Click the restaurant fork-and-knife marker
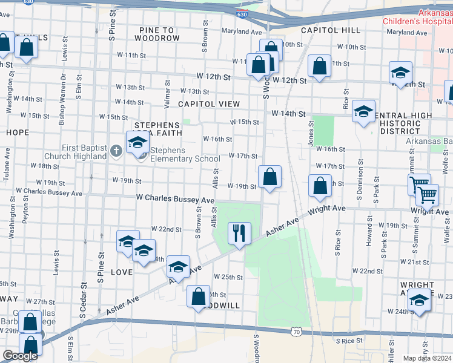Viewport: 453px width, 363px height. (x=239, y=232)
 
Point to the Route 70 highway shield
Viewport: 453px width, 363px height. (x=296, y=332)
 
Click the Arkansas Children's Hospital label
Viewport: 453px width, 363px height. (x=417, y=17)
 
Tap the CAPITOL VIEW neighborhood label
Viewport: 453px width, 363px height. (x=209, y=104)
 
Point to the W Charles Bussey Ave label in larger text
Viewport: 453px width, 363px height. (x=175, y=198)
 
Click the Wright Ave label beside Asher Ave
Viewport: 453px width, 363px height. (x=326, y=209)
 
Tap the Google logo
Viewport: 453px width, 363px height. (x=20, y=356)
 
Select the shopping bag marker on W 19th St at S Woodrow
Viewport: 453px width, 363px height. (x=269, y=177)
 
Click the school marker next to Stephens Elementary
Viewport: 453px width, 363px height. (x=137, y=143)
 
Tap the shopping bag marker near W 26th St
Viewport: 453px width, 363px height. (x=198, y=296)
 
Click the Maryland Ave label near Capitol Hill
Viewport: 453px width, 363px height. (x=242, y=31)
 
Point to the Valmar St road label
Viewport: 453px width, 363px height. (x=167, y=93)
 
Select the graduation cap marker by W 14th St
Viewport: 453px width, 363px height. (x=363, y=111)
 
